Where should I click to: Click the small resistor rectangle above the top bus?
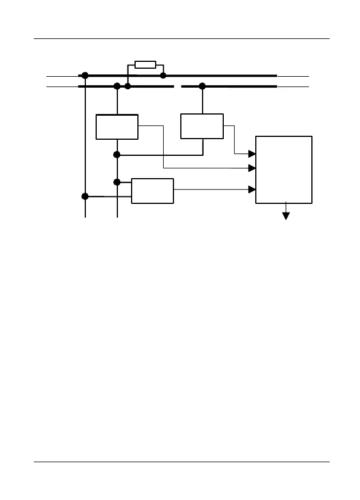[x=145, y=65]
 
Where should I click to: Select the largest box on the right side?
[x=284, y=169]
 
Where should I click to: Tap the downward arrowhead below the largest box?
[x=286, y=215]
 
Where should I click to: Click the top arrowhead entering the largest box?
[x=251, y=153]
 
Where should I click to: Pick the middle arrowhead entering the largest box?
[x=251, y=168]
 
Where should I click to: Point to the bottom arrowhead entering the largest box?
[x=251, y=189]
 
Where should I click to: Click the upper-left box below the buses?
[x=117, y=127]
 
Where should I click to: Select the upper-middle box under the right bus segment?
[x=202, y=126]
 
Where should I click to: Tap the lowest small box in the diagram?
[x=152, y=191]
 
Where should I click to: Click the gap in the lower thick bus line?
[x=177, y=86]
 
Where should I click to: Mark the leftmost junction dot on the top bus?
[x=85, y=75]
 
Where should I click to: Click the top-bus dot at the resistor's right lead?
[x=163, y=75]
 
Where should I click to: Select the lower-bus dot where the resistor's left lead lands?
[x=128, y=86]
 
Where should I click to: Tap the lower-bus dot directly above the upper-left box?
[x=117, y=86]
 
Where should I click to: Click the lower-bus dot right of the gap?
[x=202, y=86]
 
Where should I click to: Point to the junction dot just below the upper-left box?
[x=117, y=155]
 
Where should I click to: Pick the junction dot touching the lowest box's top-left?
[x=117, y=182]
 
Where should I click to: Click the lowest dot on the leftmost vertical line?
[x=85, y=196]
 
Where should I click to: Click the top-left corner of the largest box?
[x=256, y=136]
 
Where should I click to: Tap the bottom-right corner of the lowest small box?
[x=173, y=203]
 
